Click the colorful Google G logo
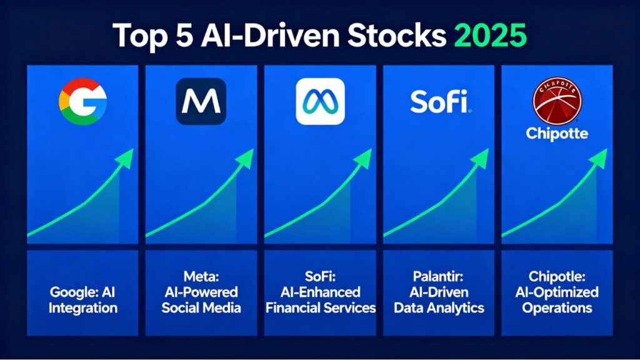[82, 101]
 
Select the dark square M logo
[201, 101]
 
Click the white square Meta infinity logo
[319, 101]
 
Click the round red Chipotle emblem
[557, 100]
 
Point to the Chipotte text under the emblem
[557, 133]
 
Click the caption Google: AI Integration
[83, 300]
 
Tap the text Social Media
[201, 307]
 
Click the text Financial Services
[320, 307]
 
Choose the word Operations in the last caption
[557, 307]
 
